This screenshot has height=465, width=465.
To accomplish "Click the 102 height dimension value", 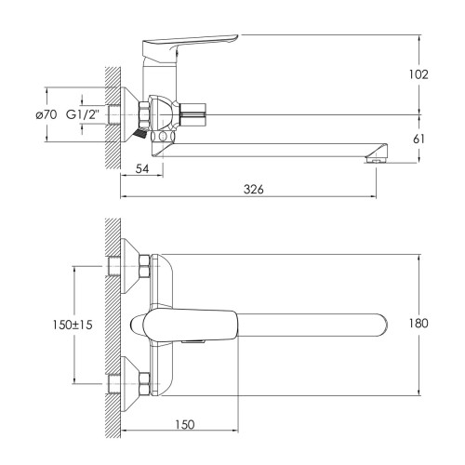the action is click(x=418, y=74).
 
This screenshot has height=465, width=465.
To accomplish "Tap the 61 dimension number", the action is click(x=419, y=139).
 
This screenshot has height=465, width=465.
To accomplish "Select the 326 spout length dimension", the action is click(x=253, y=189).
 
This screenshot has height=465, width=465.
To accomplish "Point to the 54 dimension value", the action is click(x=142, y=169).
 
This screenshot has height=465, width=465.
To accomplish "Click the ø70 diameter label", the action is click(x=46, y=115).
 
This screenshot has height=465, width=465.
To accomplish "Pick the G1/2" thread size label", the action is click(x=83, y=114).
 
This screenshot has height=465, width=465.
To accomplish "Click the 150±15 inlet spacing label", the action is click(x=73, y=325).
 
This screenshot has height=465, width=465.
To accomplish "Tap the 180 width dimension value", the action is click(x=418, y=324).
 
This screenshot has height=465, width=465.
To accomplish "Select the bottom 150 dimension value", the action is click(x=185, y=424).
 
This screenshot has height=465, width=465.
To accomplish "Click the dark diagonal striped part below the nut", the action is click(x=139, y=133).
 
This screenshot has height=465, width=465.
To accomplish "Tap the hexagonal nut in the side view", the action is click(x=144, y=113).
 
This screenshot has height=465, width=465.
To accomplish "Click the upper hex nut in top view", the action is click(x=144, y=266).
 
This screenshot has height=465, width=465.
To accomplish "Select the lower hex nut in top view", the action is click(x=144, y=384).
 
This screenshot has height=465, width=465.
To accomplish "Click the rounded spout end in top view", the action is click(x=382, y=325).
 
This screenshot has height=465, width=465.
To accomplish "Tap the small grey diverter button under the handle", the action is click(x=193, y=341).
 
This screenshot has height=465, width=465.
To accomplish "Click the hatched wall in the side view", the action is click(x=113, y=118).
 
